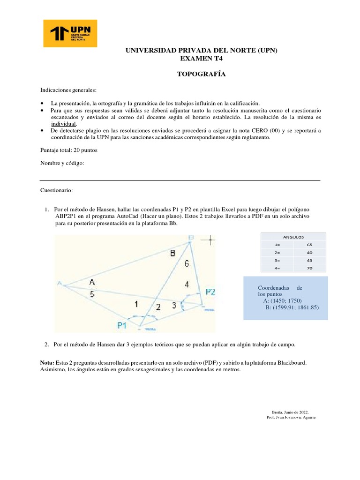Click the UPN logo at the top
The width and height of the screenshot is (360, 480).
[70, 33]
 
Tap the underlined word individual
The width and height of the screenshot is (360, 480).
[63, 123]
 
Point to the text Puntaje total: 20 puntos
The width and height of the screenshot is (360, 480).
[68, 150]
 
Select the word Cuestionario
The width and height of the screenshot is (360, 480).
[57, 191]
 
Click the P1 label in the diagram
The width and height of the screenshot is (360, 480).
[123, 325]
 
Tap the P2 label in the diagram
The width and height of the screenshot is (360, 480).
[210, 292]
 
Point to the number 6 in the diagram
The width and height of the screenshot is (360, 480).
[187, 264]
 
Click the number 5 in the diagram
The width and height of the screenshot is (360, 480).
[92, 294]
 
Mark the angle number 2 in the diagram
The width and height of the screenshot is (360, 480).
[158, 307]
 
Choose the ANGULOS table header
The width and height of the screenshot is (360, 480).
[293, 237]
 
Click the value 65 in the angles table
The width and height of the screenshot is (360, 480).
[309, 245]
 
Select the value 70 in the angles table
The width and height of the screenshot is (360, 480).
[309, 268]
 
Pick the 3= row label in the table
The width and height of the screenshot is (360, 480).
[278, 260]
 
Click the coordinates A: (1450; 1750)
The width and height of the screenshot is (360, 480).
[283, 300]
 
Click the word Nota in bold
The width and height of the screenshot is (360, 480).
[47, 363]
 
